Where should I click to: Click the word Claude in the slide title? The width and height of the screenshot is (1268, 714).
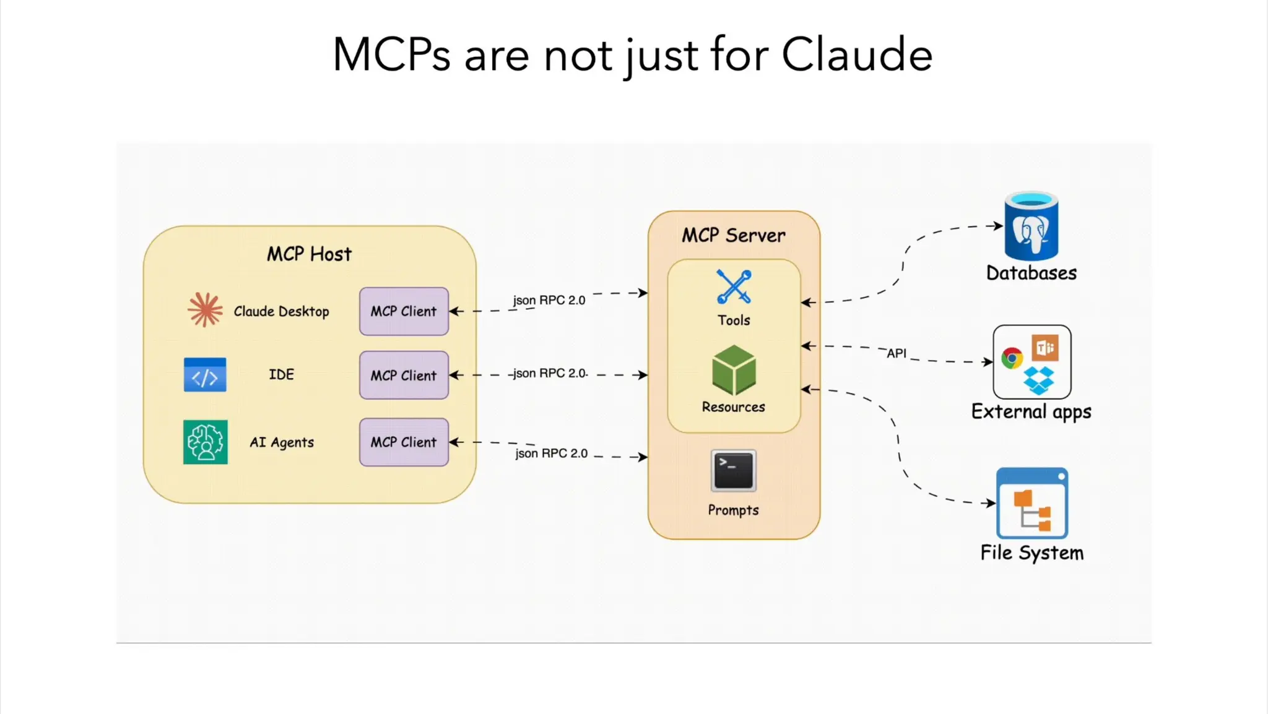856,54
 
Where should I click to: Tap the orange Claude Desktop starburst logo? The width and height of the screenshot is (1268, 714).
205,309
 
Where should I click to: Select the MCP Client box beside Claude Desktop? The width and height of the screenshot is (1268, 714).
404,311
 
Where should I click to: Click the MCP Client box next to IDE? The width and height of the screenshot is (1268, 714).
404,375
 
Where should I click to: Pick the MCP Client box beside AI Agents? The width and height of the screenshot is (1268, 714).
404,442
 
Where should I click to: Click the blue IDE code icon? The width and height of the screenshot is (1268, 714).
205,375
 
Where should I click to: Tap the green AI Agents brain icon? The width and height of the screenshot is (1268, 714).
205,442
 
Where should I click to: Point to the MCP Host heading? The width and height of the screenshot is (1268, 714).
309,254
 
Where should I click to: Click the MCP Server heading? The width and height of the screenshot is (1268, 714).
734,235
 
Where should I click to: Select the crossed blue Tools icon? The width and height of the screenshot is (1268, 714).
734,287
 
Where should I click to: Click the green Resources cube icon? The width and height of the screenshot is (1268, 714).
734,370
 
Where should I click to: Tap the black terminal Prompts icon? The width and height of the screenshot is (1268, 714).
734,471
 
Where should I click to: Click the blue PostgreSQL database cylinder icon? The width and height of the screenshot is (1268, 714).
1031,226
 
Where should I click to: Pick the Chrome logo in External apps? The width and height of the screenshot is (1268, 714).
1012,358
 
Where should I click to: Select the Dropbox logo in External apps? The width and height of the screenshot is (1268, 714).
1038,380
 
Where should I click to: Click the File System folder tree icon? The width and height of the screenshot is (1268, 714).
1031,503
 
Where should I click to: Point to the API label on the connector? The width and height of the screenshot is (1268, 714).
896,353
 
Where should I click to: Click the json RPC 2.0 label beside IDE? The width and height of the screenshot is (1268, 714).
549,373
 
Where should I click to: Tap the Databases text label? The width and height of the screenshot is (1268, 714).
1031,273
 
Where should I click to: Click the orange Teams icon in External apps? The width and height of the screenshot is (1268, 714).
1045,348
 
